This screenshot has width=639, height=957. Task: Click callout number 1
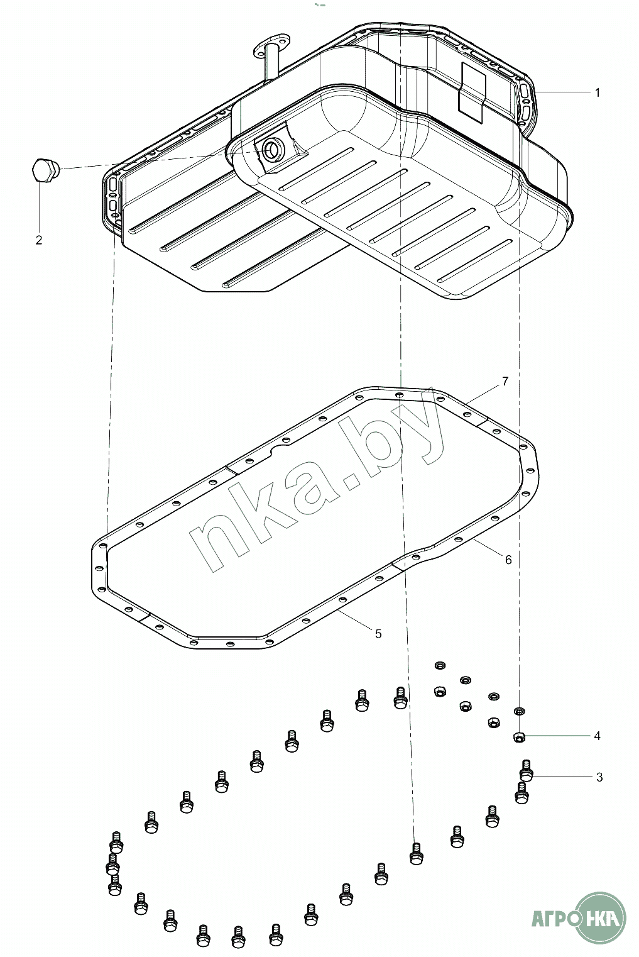tap(597, 92)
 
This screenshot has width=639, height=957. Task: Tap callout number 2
tap(39, 240)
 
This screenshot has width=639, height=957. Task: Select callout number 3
tap(599, 777)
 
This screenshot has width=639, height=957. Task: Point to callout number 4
tap(597, 736)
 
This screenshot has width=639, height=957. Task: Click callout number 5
tap(378, 634)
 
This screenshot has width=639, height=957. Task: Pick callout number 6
tap(508, 560)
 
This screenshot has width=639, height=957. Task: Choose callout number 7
tap(505, 381)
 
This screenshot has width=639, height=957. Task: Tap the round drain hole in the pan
tap(271, 149)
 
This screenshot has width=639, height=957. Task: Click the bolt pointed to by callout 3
tap(526, 771)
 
